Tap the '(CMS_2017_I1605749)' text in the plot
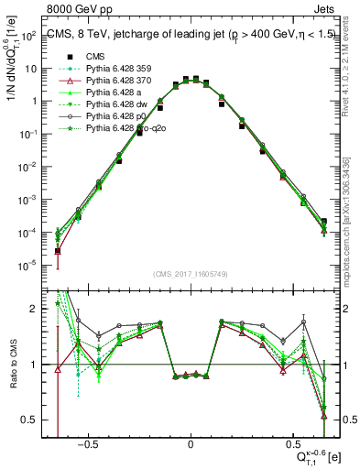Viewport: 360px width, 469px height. pos(191,272)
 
